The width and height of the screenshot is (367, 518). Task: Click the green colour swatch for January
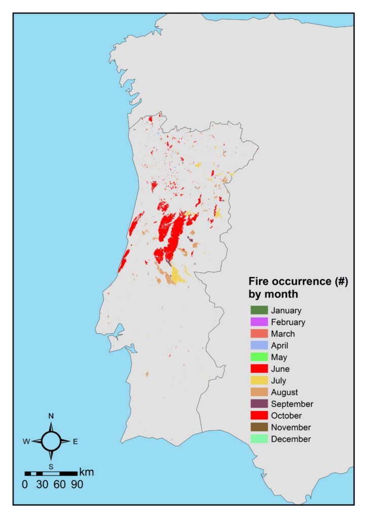[259, 310]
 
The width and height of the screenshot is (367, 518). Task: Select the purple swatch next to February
[259, 322]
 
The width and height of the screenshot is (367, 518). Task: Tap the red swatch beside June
[259, 369]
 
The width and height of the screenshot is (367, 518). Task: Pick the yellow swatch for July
[259, 380]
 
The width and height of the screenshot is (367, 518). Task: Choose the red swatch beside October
[259, 415]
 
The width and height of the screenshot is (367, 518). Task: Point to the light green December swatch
[259, 439]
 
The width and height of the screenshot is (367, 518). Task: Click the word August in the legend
[284, 392]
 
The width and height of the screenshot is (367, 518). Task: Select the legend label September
[292, 404]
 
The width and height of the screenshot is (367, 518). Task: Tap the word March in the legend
[282, 334]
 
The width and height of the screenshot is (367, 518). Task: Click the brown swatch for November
[259, 427]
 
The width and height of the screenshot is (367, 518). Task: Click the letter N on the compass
[51, 416]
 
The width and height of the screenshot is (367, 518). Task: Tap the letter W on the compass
[26, 442]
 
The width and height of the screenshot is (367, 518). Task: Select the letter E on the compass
[75, 442]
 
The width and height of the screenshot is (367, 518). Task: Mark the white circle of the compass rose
[51, 441]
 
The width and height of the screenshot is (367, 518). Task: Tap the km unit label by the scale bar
[86, 472]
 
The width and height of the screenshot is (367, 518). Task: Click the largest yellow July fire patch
[177, 275]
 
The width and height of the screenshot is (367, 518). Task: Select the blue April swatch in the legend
[259, 346]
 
